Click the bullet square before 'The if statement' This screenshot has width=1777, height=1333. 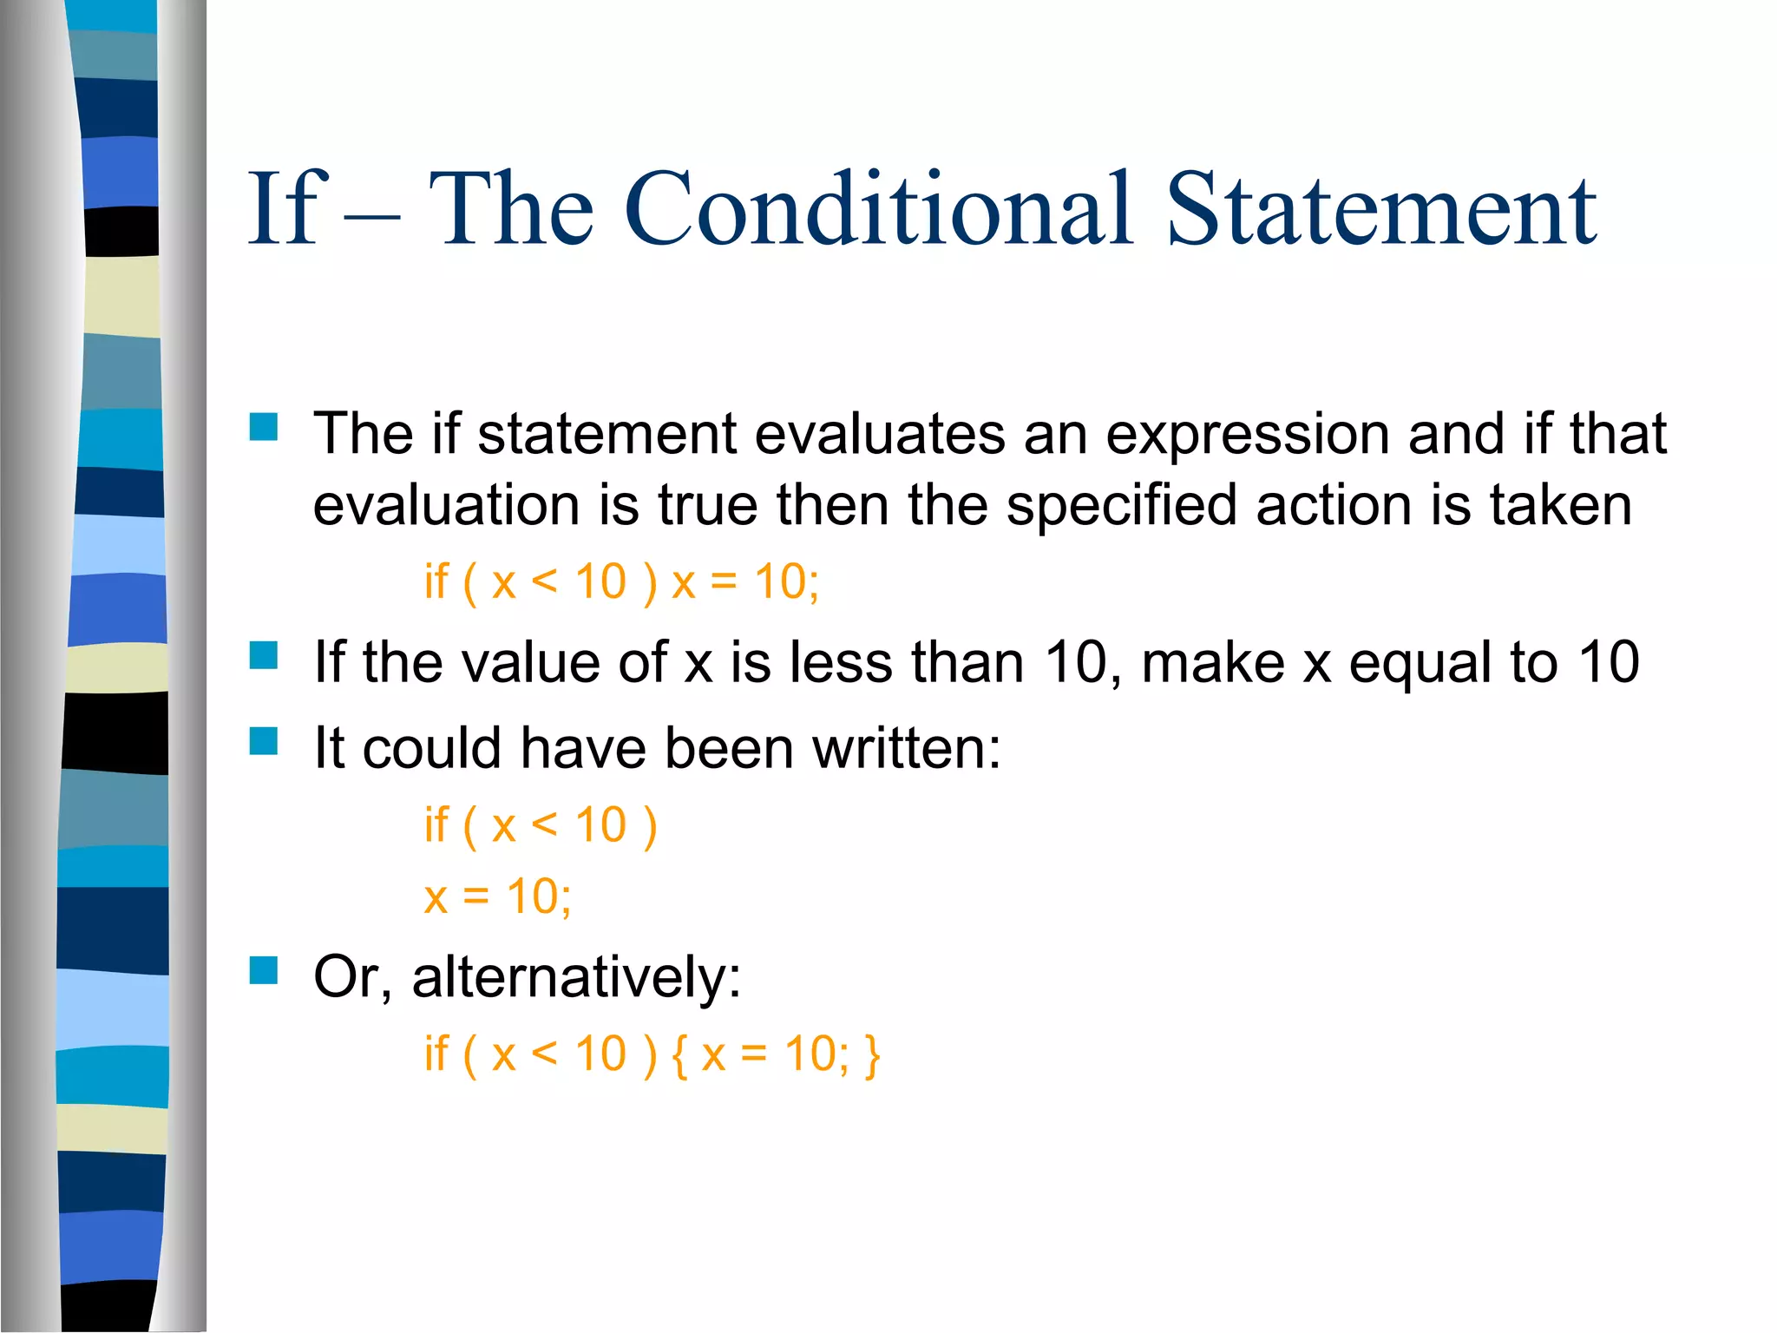click(263, 427)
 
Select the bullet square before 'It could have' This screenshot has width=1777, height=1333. click(263, 742)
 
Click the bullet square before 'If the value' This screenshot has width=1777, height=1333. click(263, 655)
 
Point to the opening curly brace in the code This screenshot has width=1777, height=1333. click(679, 1056)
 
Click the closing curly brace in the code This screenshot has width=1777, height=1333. click(872, 1056)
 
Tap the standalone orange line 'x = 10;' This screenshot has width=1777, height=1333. click(497, 897)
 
